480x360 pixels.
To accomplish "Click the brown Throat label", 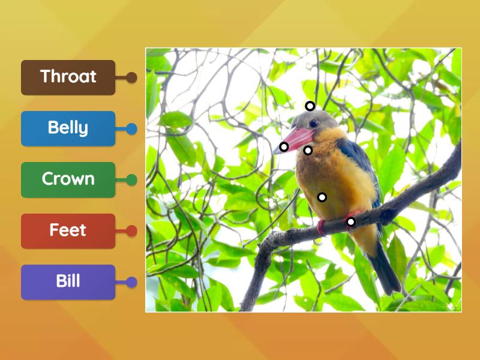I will pos(68,77).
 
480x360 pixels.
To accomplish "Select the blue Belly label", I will pos(68,128).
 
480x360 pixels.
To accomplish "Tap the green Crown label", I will pos(68,179).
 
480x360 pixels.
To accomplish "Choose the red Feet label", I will pos(68,230).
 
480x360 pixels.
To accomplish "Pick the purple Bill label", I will pos(68,281).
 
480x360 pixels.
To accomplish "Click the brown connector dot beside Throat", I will pos(131,77).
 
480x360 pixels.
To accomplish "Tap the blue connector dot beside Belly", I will pos(131,128).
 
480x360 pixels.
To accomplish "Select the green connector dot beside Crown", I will pos(131,179).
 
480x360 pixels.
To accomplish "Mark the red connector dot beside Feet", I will pos(131,231).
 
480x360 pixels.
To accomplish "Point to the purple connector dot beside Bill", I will pos(131,282).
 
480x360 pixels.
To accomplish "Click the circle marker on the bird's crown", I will pos(310,106).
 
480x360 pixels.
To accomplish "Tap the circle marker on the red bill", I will pos(284,146).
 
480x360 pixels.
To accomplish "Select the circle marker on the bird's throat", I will pos(308,150).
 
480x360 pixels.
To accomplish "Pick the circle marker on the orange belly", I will pos(322,197).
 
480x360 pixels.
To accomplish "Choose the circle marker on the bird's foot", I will pos(351,222).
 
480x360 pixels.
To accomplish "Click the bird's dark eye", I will pos(314,124).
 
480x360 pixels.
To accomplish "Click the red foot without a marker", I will pos(322,226).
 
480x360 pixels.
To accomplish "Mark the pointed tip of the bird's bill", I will pos(275,151).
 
